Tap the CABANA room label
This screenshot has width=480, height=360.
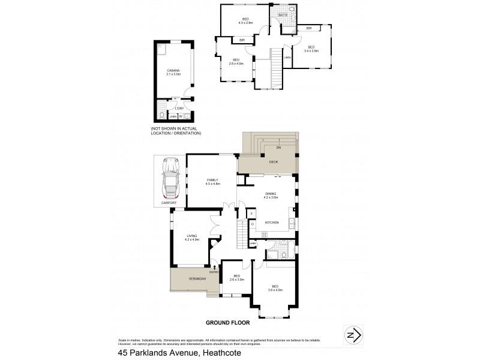pyautogui.click(x=173, y=72)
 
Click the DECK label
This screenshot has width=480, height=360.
pyautogui.click(x=273, y=163)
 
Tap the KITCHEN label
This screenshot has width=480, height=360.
pyautogui.click(x=272, y=223)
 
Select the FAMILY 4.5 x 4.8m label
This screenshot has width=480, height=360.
pyautogui.click(x=212, y=182)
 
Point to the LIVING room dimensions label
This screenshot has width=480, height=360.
pyautogui.click(x=192, y=238)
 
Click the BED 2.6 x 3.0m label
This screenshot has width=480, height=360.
pyautogui.click(x=236, y=277)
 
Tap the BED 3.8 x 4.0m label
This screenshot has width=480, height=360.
pyautogui.click(x=275, y=288)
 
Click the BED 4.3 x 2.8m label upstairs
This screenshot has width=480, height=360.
pyautogui.click(x=245, y=21)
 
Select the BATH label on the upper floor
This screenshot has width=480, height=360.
pyautogui.click(x=283, y=15)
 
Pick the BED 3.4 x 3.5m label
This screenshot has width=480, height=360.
pyautogui.click(x=311, y=49)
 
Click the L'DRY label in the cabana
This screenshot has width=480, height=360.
pyautogui.click(x=179, y=108)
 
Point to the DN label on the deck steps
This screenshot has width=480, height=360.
pyautogui.click(x=278, y=147)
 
